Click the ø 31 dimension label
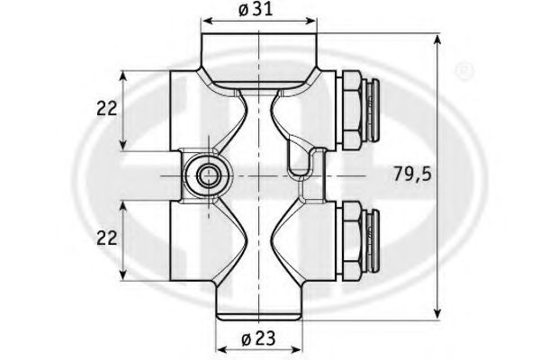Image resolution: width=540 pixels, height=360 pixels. pos(256,9)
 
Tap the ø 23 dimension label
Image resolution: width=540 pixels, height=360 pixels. pos(258,338)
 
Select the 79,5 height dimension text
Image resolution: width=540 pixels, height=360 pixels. pos(412,174)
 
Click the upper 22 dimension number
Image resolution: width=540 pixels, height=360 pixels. pos(107,109)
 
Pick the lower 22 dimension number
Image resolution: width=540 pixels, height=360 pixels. pos(107,238)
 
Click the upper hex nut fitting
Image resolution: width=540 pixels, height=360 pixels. pos(352,110)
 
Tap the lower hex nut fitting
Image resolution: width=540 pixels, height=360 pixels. pos(352,238)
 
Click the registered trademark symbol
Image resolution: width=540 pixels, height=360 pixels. pos(464,71)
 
